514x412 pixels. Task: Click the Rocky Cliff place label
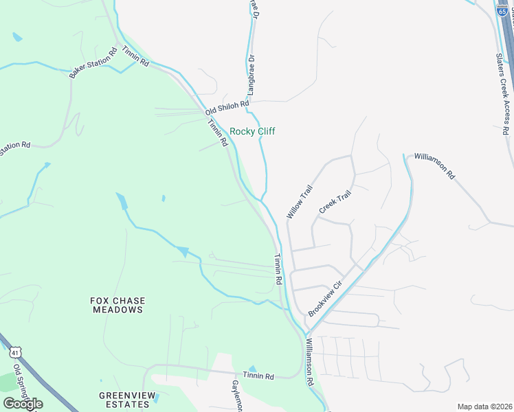click(252, 131)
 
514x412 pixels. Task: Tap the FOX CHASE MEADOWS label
click(117, 305)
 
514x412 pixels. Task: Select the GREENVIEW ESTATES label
click(124, 400)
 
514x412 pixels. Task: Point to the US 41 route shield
click(15, 352)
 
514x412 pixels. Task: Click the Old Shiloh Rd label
click(226, 107)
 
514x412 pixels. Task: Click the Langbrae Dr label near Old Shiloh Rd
click(252, 74)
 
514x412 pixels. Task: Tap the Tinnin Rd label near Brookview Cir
click(278, 270)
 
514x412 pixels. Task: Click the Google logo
click(23, 404)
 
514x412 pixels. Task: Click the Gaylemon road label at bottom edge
click(235, 395)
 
